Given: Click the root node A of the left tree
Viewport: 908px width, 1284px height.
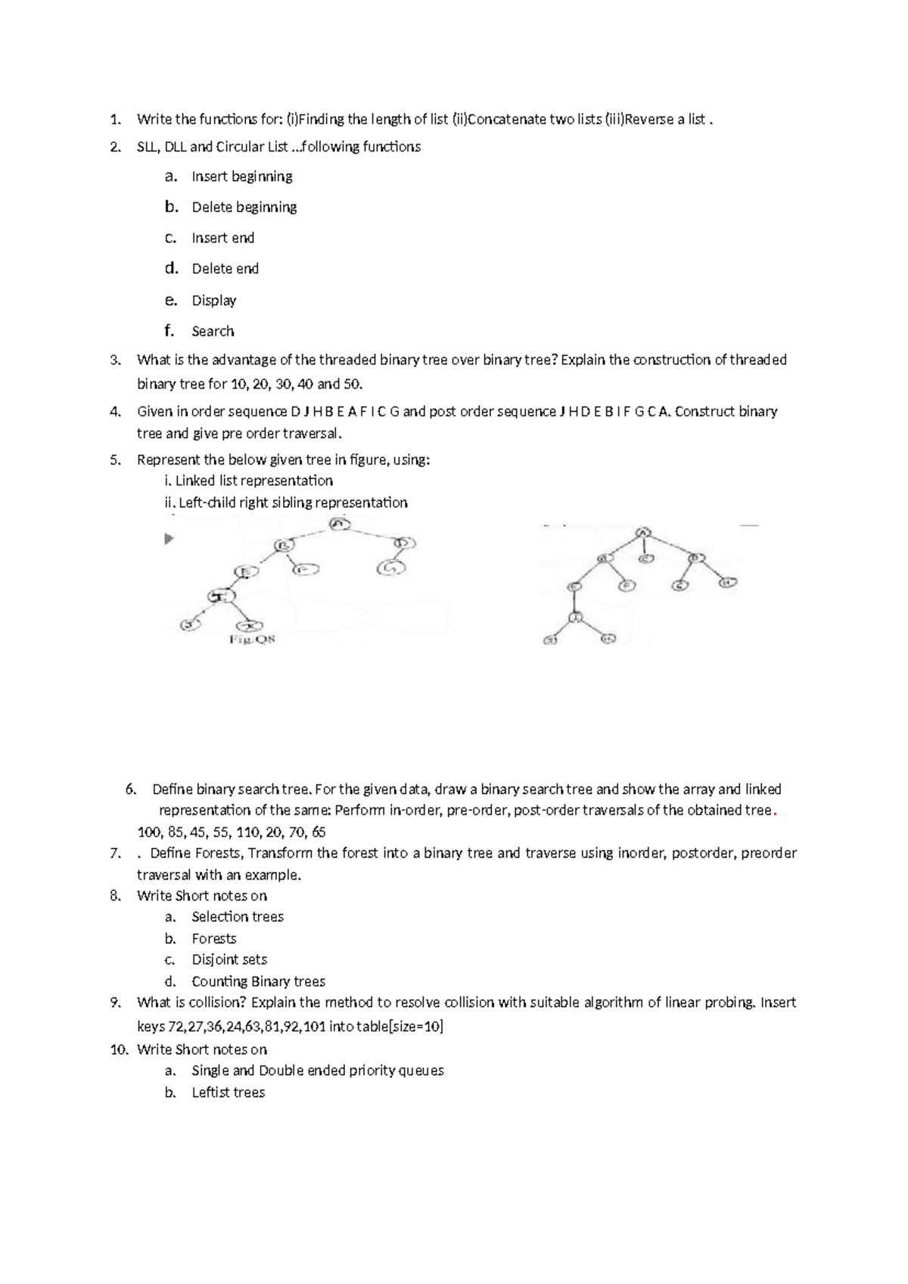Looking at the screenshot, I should (x=340, y=524).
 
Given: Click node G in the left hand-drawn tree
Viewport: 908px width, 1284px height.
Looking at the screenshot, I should (x=391, y=567).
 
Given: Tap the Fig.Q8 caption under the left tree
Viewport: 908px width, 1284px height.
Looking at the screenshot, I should (x=252, y=640).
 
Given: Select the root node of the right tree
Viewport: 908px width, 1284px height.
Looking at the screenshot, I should (x=643, y=533).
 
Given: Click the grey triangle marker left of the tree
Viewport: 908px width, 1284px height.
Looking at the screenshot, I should (x=169, y=539).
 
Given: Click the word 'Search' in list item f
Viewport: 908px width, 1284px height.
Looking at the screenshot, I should (x=213, y=332).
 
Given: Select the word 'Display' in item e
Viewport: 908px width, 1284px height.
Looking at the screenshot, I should (x=213, y=301).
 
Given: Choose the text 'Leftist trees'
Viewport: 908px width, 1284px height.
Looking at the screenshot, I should (x=228, y=1092).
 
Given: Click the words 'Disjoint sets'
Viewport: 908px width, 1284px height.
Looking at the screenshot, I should (x=229, y=960).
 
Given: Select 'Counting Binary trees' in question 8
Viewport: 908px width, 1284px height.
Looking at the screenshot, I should (x=258, y=982).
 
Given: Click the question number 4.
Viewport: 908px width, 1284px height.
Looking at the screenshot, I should (x=114, y=412).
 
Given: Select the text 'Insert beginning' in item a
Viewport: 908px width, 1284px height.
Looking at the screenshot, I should (x=241, y=176).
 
